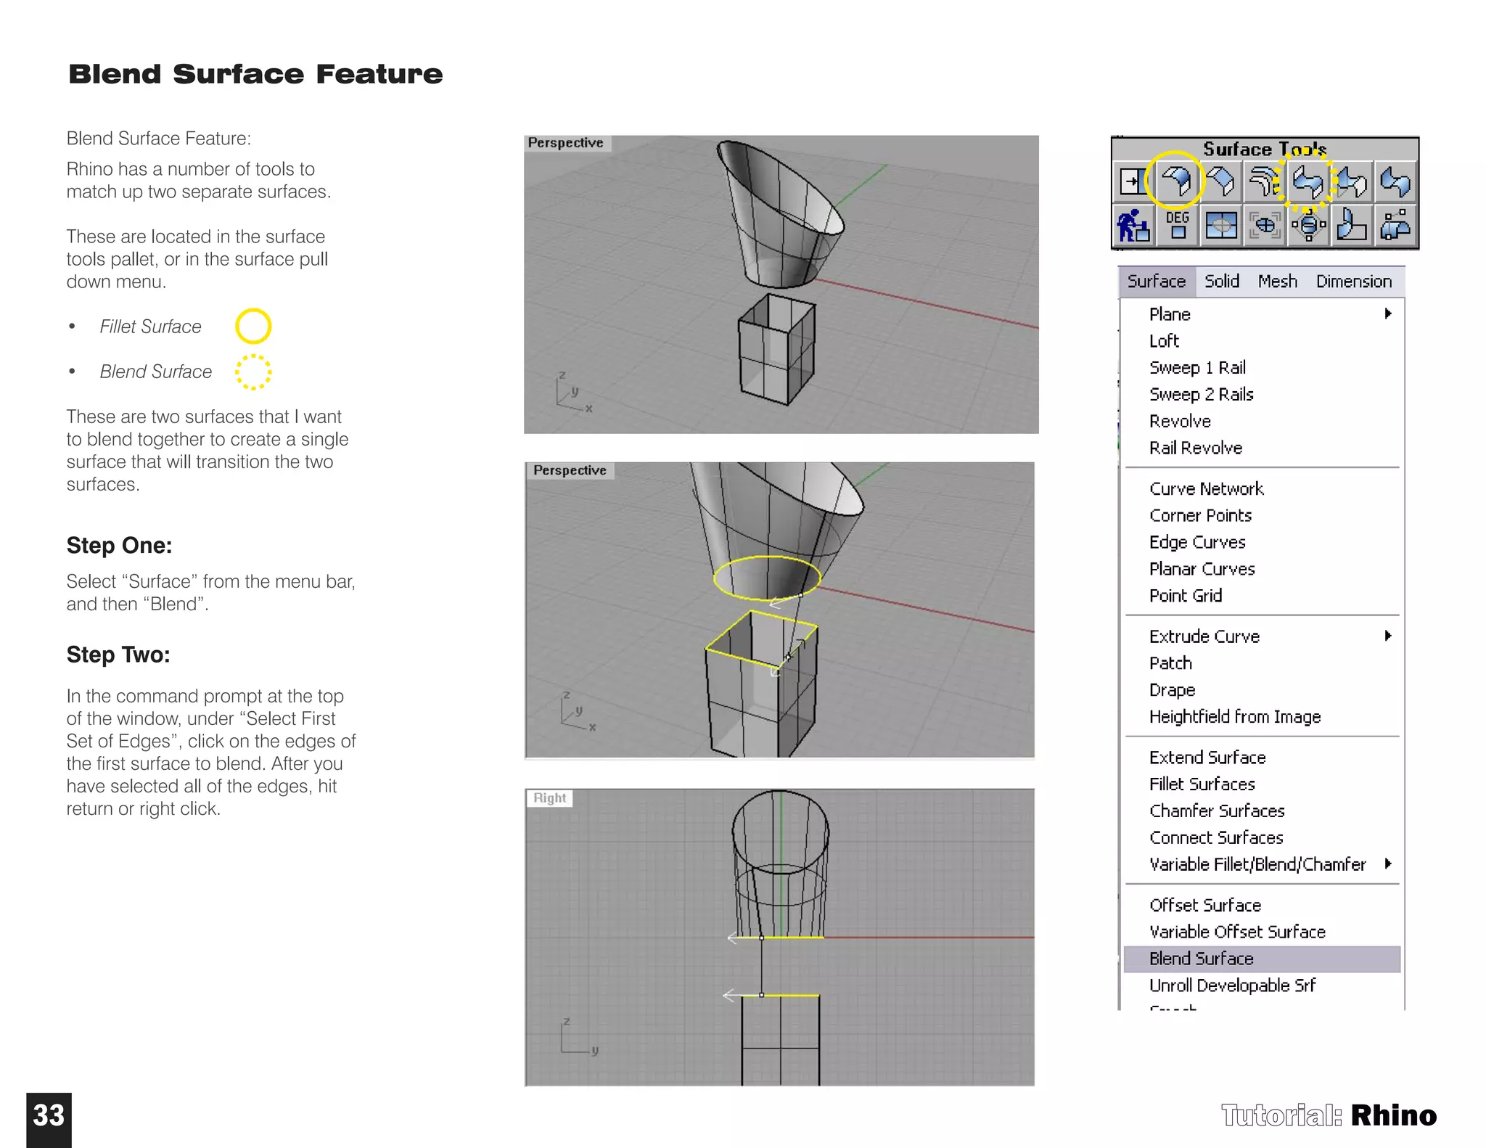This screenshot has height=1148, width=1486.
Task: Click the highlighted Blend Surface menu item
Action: tap(1201, 959)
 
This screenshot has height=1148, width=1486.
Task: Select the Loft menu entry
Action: tap(1164, 341)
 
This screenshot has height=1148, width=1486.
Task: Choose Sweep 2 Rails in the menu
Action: tap(1201, 395)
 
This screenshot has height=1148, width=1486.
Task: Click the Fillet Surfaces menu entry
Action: tap(1202, 784)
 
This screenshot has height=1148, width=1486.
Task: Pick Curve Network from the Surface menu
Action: tap(1206, 489)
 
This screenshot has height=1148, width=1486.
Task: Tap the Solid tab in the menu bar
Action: tap(1222, 282)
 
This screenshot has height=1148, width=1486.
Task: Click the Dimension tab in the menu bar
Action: tap(1353, 282)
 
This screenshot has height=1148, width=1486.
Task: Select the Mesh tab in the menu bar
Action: tap(1277, 282)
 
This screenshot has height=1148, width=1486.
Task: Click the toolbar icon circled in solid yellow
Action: tap(1175, 181)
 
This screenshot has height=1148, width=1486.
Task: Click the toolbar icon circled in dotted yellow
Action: tap(1308, 181)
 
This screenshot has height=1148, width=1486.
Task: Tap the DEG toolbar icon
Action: tap(1177, 225)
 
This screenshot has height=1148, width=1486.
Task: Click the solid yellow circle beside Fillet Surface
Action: tap(253, 326)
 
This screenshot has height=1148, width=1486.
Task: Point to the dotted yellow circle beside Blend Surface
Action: tap(253, 372)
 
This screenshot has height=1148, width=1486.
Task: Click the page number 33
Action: tap(49, 1116)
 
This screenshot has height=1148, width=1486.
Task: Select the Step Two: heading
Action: tap(118, 655)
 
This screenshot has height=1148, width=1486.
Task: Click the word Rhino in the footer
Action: tap(1393, 1115)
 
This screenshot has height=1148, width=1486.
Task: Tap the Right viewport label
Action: tap(549, 798)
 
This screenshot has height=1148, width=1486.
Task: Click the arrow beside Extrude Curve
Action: tap(1387, 636)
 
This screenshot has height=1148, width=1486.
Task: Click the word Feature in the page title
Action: tap(379, 74)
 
